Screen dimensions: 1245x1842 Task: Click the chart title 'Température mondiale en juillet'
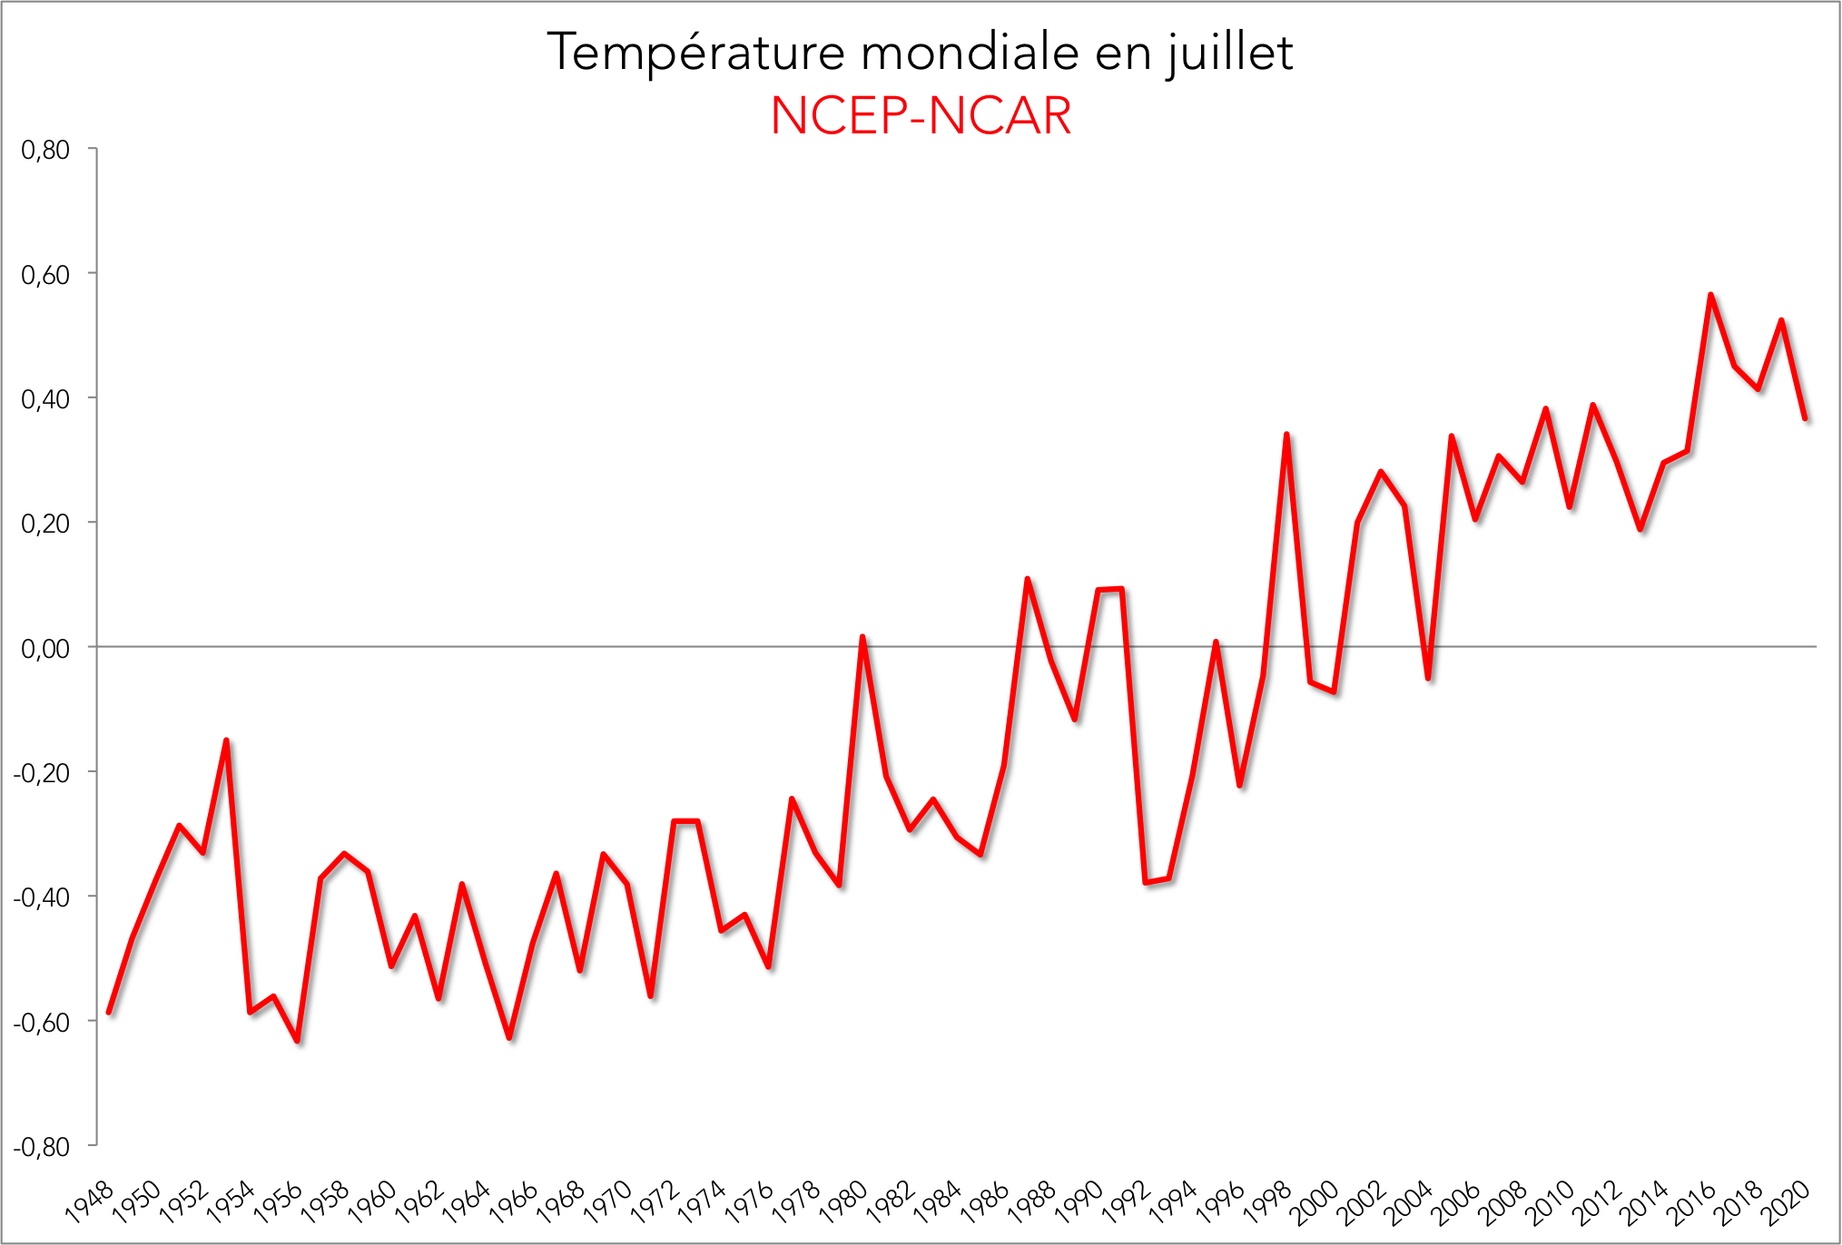pyautogui.click(x=920, y=52)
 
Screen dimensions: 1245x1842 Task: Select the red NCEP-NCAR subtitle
pyautogui.click(x=921, y=116)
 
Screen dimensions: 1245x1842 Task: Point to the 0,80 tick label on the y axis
pyautogui.click(x=45, y=150)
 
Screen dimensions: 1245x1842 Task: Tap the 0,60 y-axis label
pyautogui.click(x=45, y=274)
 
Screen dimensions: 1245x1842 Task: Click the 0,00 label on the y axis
pyautogui.click(x=45, y=648)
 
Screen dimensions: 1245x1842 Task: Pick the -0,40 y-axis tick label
pyautogui.click(x=42, y=897)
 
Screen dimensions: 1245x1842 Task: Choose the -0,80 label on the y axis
pyautogui.click(x=42, y=1147)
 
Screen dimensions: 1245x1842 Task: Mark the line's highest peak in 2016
pyautogui.click(x=1710, y=295)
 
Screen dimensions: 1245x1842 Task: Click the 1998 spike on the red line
pyautogui.click(x=1286, y=435)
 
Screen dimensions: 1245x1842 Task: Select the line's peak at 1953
pyautogui.click(x=226, y=740)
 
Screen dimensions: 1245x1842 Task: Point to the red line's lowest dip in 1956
pyautogui.click(x=297, y=1041)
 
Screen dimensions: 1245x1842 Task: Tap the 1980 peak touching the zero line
pyautogui.click(x=862, y=637)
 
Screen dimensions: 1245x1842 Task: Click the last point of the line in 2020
pyautogui.click(x=1806, y=418)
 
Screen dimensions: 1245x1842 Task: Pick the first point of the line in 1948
pyautogui.click(x=109, y=1012)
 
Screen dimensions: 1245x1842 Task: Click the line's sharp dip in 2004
pyautogui.click(x=1428, y=678)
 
